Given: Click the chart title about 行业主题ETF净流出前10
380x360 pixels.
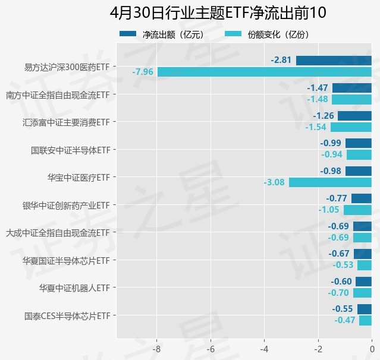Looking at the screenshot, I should pyautogui.click(x=219, y=13).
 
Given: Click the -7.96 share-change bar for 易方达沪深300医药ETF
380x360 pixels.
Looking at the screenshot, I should pyautogui.click(x=264, y=72).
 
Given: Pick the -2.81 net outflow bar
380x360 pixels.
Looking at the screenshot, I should pyautogui.click(x=334, y=60).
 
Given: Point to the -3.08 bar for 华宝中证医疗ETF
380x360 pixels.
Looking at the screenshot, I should pyautogui.click(x=330, y=182).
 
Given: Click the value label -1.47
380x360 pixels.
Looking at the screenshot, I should pyautogui.click(x=318, y=88).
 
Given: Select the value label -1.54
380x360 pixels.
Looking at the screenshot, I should pyautogui.click(x=316, y=127).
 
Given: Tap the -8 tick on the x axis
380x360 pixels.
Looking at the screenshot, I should pyautogui.click(x=157, y=349).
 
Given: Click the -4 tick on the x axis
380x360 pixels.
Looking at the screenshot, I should pyautogui.click(x=265, y=349).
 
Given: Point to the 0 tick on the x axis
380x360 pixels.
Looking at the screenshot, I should pyautogui.click(x=372, y=349).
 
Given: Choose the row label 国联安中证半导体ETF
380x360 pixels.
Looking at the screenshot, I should pyautogui.click(x=71, y=150).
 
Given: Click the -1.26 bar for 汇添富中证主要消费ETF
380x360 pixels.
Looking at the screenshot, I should pyautogui.click(x=354, y=116).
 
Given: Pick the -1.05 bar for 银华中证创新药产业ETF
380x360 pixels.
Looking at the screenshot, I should pyautogui.click(x=357, y=210).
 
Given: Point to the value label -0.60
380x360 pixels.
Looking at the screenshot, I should pyautogui.click(x=341, y=282).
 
